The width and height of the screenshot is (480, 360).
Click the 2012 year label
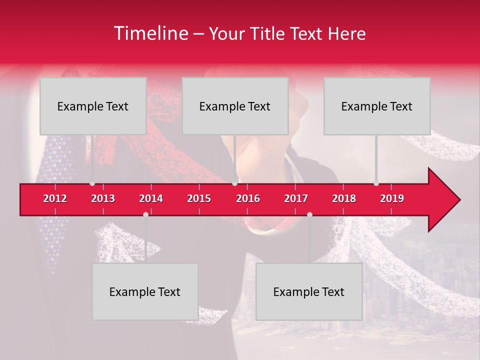tap(55, 198)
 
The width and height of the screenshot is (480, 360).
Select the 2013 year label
tap(103, 198)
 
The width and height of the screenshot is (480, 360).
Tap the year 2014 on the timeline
tap(151, 198)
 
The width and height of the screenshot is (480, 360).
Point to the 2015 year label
tap(199, 198)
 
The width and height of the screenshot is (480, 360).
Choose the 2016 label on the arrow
tap(248, 198)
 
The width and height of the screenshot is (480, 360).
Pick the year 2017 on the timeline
tap(296, 198)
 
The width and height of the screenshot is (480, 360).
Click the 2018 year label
tap(344, 198)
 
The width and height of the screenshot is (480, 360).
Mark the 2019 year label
tap(392, 198)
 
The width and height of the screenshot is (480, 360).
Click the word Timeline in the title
tap(150, 33)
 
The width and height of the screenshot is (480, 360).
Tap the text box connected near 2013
tap(93, 106)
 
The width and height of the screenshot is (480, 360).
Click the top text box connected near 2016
tap(235, 106)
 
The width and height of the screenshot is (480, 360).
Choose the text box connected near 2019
tap(377, 106)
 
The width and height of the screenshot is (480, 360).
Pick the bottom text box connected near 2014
tap(145, 291)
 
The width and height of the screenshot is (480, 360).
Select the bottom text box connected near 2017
tap(309, 291)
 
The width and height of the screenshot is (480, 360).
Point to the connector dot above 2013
tap(92, 183)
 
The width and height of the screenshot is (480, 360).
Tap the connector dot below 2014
tap(145, 214)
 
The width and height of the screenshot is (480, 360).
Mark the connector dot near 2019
tap(376, 183)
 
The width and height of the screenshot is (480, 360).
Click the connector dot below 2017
tap(309, 214)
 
